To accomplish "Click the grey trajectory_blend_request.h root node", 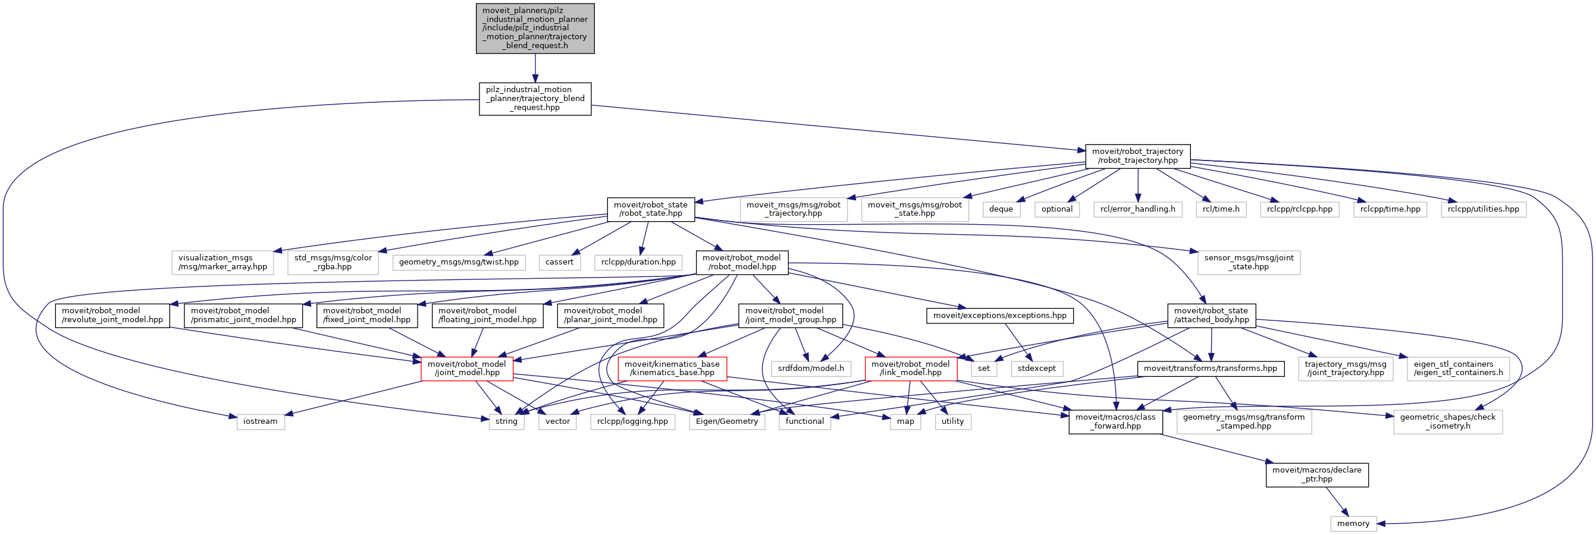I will click(x=535, y=29).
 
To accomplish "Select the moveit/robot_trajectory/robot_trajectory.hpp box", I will click(x=1137, y=156).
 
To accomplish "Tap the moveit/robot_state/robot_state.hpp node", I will click(x=651, y=209).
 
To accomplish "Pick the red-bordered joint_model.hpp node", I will click(x=466, y=369).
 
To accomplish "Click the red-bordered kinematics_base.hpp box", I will click(x=672, y=369).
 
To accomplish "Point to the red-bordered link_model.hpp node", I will click(x=910, y=369).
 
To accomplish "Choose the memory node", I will click(x=1353, y=524).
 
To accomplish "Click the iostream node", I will click(x=260, y=421).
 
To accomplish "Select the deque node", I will click(x=1001, y=209).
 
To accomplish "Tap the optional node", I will click(x=1056, y=209).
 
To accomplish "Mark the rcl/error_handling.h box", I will click(x=1137, y=209).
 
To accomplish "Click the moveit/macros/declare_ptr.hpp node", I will click(x=1316, y=475).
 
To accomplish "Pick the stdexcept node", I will click(x=1036, y=369).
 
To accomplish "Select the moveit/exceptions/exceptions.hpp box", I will click(x=999, y=316).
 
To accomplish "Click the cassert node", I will click(x=559, y=263).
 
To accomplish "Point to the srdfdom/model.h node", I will click(x=810, y=369).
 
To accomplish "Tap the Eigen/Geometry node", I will click(x=727, y=421).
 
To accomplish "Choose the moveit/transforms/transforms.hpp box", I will click(x=1210, y=369).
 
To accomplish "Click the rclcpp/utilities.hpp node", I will click(x=1483, y=209).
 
